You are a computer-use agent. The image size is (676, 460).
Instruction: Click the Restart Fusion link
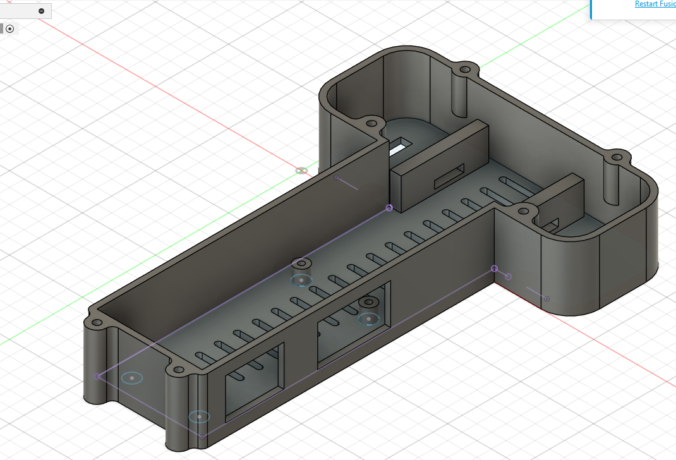[x=655, y=4]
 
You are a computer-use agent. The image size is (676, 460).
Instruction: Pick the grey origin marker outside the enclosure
[x=302, y=171]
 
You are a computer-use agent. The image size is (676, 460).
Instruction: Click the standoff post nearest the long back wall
[x=302, y=264]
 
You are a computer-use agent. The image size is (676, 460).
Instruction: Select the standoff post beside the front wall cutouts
[x=369, y=304]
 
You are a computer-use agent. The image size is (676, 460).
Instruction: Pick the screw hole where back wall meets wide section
[x=371, y=124]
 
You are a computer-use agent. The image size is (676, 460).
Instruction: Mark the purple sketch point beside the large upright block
[x=389, y=208]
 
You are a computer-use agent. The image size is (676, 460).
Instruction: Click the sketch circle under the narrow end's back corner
[x=132, y=378]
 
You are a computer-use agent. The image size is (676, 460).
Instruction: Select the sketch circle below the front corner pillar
[x=200, y=416]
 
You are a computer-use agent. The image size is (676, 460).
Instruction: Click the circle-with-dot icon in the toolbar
[x=9, y=28]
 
